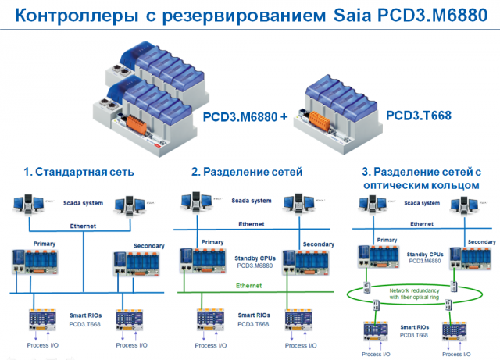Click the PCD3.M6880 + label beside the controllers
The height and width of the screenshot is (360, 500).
click(245, 116)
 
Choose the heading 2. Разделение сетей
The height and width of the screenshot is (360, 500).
click(246, 172)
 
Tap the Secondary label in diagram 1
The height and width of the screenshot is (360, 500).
click(148, 246)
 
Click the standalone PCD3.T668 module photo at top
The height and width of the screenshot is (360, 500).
click(337, 109)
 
